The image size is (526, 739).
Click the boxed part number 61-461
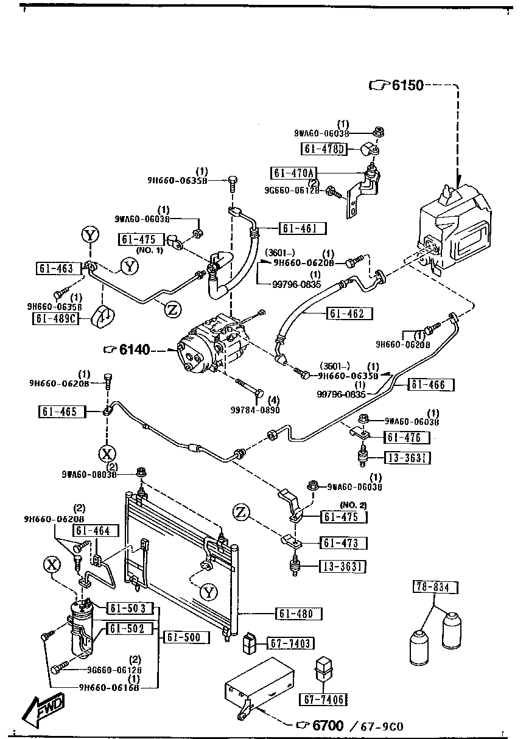pyautogui.click(x=303, y=229)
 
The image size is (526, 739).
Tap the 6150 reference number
pyautogui.click(x=407, y=86)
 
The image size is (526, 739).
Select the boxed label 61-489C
pyautogui.click(x=55, y=318)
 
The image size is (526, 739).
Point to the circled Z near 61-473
pyautogui.click(x=242, y=513)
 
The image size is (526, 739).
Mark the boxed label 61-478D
pyautogui.click(x=323, y=148)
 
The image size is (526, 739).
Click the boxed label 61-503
pyautogui.click(x=129, y=607)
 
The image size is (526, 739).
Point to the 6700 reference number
pyautogui.click(x=328, y=726)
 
